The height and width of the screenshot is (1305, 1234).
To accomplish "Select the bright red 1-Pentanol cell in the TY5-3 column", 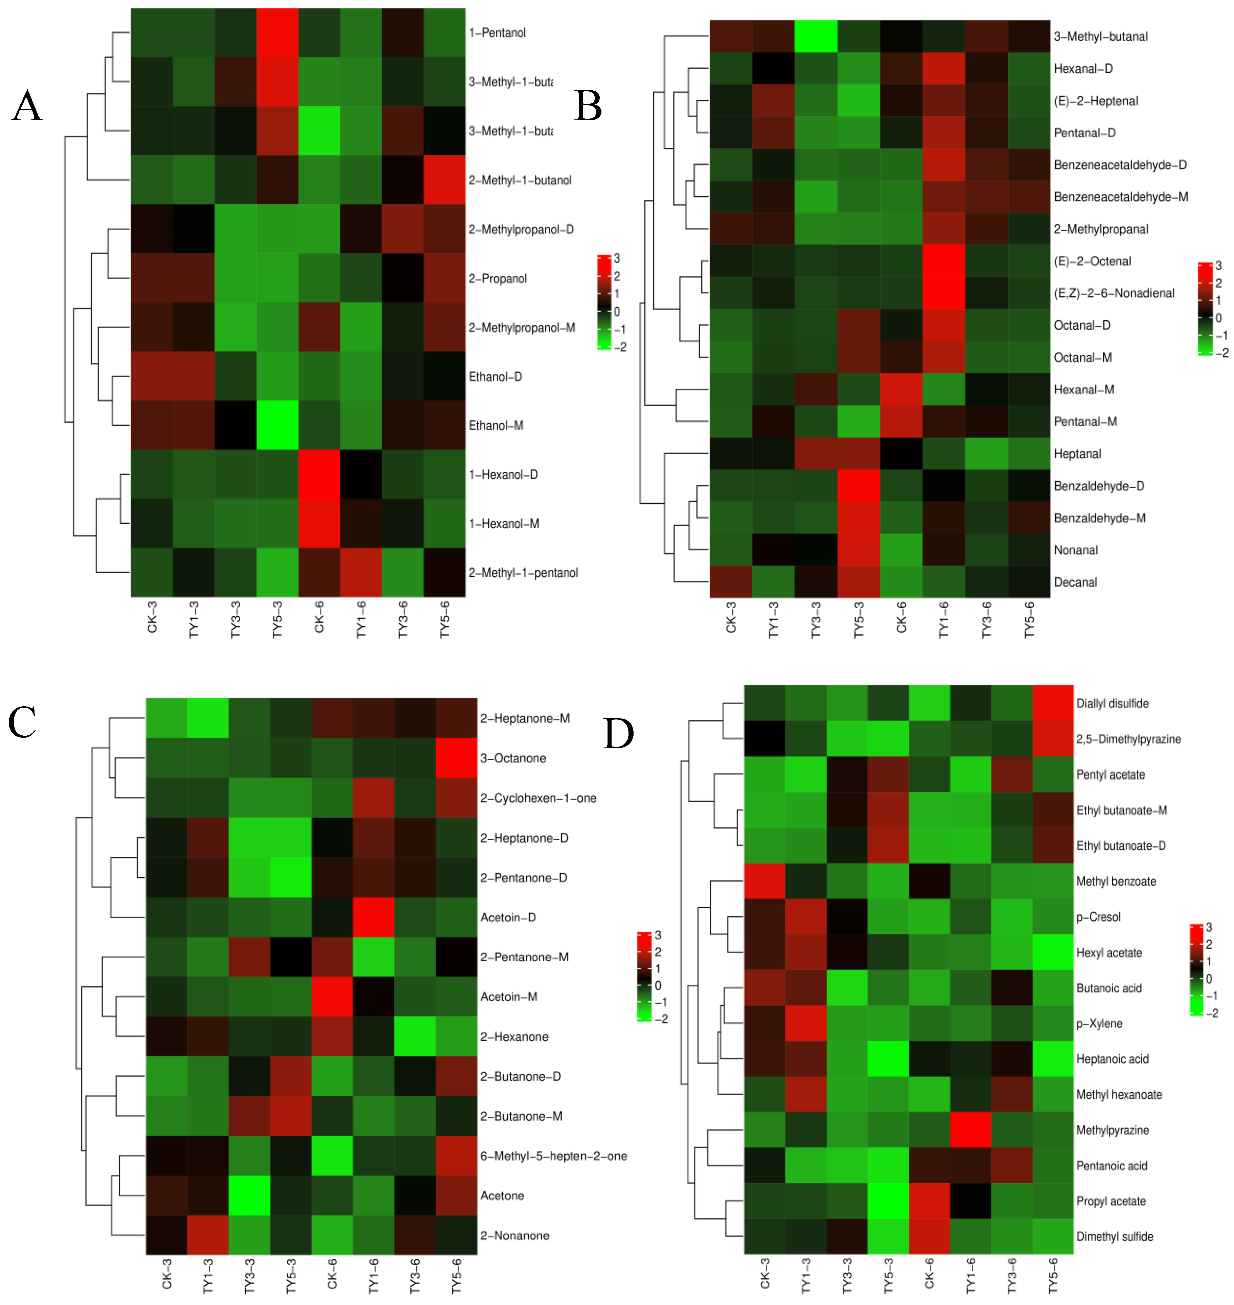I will pos(277,33).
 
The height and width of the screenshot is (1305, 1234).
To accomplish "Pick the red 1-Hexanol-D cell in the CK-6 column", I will pos(319,474).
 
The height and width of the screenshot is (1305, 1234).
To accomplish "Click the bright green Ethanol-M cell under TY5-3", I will pos(277,425).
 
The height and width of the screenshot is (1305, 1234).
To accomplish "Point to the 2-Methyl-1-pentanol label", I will pos(523,573).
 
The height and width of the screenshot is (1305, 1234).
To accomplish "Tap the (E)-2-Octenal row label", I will pos(1092,261).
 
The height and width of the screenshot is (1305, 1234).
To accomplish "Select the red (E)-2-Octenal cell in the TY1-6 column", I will pos(944,261).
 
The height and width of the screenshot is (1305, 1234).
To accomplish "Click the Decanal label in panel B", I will pos(1075,582).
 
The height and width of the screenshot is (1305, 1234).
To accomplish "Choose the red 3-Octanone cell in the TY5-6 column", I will pos(456,758).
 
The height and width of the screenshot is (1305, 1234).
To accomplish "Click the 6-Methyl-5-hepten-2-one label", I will pos(553,1156).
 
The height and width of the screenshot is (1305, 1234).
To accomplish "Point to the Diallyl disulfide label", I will pos(1112,703).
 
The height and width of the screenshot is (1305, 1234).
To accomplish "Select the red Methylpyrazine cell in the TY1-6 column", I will pos(970,1130).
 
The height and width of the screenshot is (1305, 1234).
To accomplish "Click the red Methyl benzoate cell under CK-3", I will pos(764,882).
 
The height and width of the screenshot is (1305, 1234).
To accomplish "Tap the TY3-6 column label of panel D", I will pos(1012,1276).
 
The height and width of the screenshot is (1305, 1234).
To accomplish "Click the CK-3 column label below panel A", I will pos(152,617).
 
